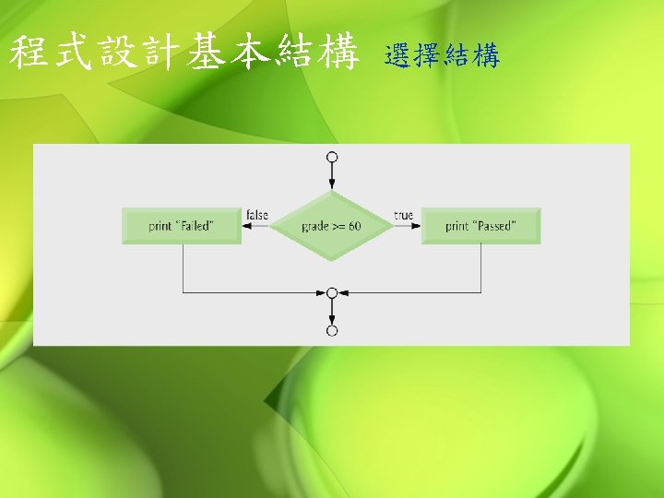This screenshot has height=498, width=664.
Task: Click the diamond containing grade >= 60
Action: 332,226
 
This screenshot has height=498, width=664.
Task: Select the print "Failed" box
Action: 182,226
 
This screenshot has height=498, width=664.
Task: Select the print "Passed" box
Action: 480,226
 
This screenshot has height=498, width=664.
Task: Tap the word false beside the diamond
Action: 257,215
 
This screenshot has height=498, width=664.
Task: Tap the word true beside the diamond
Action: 403,215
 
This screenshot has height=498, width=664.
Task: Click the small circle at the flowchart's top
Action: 332,157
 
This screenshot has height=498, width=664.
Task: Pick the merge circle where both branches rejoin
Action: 332,292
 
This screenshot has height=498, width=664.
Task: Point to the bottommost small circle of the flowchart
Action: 332,330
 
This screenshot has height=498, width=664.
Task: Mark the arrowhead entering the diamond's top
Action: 332,185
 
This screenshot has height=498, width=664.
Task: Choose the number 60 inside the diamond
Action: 355,227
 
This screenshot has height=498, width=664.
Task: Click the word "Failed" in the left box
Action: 194,227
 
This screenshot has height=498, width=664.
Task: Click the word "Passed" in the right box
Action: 494,227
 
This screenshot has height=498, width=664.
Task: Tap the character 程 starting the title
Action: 30,53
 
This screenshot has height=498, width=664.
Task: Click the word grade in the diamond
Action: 315,227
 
